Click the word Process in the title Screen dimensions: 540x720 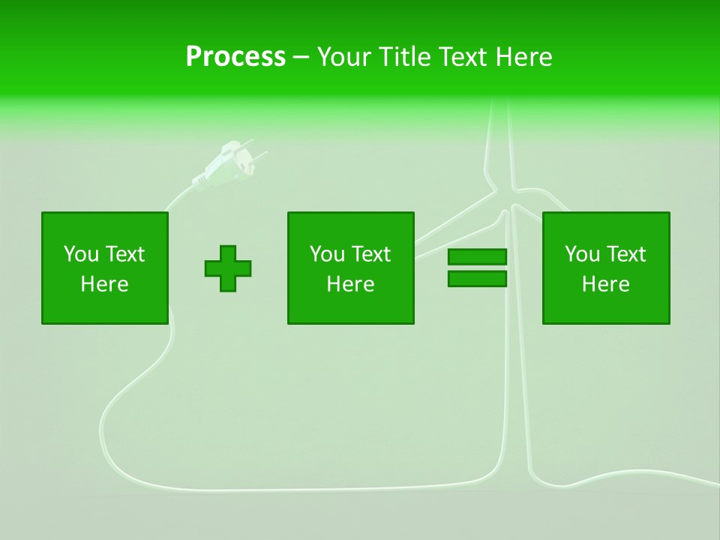[x=235, y=57]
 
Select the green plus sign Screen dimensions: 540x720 [x=228, y=268]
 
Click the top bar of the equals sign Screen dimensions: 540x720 [x=477, y=257]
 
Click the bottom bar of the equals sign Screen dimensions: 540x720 [x=477, y=279]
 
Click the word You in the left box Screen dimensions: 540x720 [x=81, y=254]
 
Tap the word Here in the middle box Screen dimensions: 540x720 [x=350, y=284]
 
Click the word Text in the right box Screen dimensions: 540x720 [x=627, y=254]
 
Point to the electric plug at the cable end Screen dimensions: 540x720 [x=225, y=165]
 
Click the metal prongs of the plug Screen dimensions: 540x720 [x=255, y=150]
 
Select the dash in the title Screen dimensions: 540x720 [x=301, y=57]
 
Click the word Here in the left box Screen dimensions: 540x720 [x=105, y=284]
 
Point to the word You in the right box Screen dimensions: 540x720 [x=582, y=254]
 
